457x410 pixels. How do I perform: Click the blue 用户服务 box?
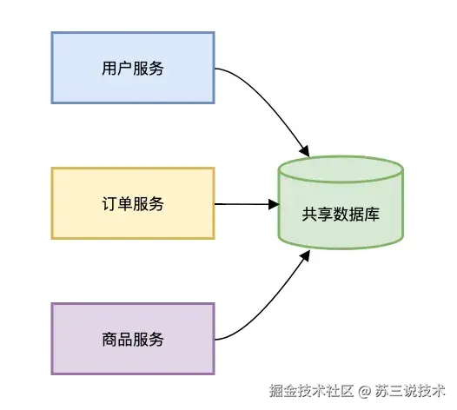click(132, 68)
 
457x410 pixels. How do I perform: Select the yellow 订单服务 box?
click(132, 203)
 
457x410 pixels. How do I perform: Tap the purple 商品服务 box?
click(132, 338)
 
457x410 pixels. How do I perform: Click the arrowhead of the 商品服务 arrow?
click(306, 257)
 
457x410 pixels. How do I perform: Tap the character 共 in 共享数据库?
click(309, 214)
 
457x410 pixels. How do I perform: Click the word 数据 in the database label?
click(341, 214)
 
